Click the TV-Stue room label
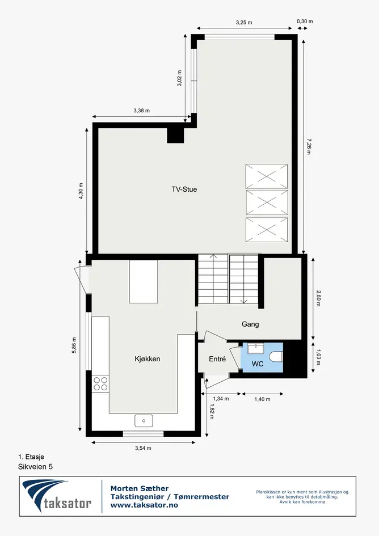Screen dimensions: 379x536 click(x=184, y=189)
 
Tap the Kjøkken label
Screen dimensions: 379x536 click(x=148, y=359)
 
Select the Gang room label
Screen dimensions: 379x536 click(x=250, y=324)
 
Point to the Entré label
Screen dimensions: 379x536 click(x=217, y=359)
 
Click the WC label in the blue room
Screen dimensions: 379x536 click(x=258, y=364)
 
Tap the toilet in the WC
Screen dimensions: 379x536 click(x=276, y=357)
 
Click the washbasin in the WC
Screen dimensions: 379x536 click(x=255, y=349)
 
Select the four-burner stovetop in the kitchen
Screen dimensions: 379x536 click(x=100, y=383)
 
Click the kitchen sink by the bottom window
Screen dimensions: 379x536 click(x=144, y=421)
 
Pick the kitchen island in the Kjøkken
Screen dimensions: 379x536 click(x=144, y=281)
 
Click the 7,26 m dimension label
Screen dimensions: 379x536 click(x=309, y=147)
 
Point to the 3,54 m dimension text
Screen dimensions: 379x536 click(x=143, y=448)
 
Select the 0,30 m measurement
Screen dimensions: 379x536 click(x=305, y=21)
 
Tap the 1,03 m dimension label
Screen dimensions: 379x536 click(x=318, y=357)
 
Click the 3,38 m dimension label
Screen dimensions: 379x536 click(x=141, y=111)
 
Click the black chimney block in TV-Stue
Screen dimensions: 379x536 click(x=175, y=136)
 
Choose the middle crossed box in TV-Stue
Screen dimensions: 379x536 click(x=267, y=202)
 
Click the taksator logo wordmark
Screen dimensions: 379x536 click(x=68, y=504)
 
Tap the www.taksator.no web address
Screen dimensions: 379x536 click(x=144, y=505)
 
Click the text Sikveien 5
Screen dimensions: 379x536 click(x=35, y=467)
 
